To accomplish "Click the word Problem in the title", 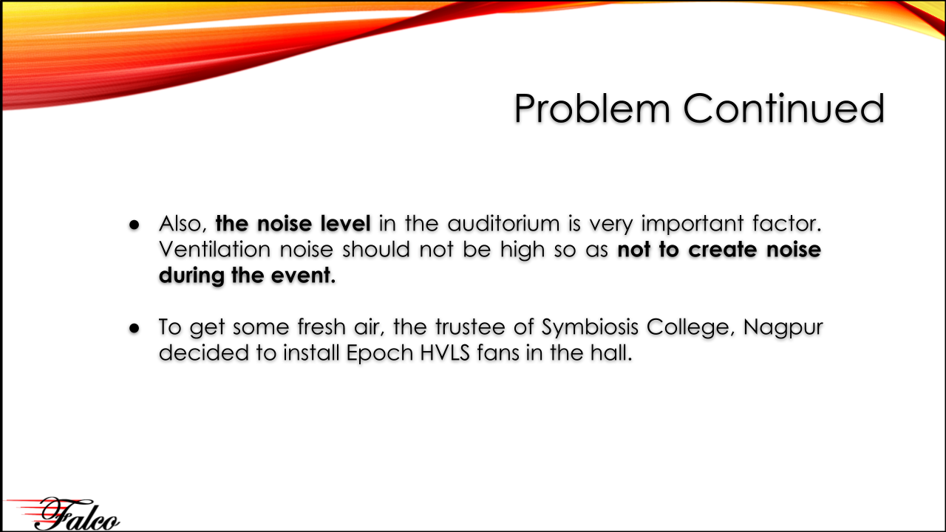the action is (x=592, y=109).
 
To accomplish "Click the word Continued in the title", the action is (x=784, y=109).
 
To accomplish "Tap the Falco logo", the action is (x=64, y=514).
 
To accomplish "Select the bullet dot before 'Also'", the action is (x=135, y=225).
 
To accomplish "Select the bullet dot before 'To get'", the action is (x=135, y=328).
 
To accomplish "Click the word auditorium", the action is (x=503, y=223).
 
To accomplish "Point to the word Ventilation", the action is (x=214, y=250).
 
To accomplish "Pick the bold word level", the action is (x=345, y=223).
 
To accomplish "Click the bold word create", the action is (x=723, y=250).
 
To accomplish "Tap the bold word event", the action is (x=303, y=276).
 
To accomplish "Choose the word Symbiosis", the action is (x=590, y=327).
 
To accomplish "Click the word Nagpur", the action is (x=783, y=327).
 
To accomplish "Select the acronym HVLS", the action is (x=445, y=353).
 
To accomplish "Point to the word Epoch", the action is (x=379, y=354).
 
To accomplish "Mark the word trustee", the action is (x=470, y=327).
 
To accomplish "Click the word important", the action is (x=693, y=224).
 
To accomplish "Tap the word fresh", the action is (x=321, y=327).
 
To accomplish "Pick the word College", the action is (x=691, y=327).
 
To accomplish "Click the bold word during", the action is (x=191, y=276).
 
